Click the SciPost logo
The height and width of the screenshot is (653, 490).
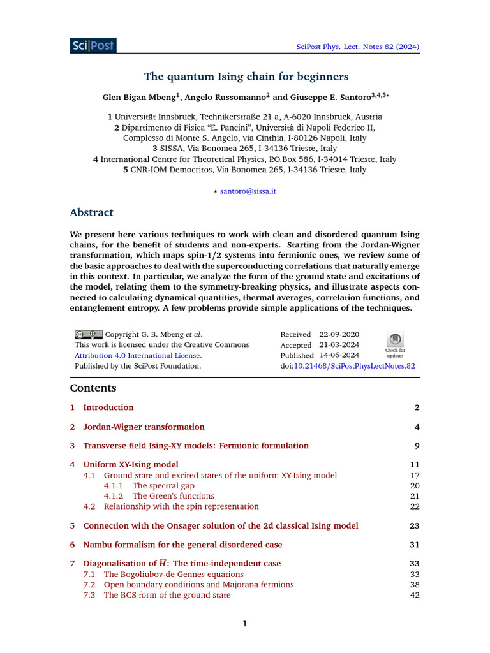coord(93,46)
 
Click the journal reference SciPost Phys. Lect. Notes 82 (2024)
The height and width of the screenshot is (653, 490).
coord(359,47)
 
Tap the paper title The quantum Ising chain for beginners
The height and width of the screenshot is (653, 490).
coord(246,77)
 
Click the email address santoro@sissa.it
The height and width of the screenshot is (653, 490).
coord(248,191)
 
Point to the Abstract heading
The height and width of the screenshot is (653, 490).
coord(91,212)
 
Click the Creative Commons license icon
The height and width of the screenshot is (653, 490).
coord(88,334)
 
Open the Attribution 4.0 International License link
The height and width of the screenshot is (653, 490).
coord(138,355)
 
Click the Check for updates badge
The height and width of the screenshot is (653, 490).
coord(395,344)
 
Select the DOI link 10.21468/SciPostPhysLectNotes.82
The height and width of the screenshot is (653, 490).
coord(354,366)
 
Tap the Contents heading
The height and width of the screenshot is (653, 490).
coord(93,388)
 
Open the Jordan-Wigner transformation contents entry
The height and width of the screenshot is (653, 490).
coord(144,427)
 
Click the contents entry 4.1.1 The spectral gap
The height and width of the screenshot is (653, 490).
coord(159,485)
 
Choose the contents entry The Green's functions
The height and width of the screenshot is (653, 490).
coord(173,495)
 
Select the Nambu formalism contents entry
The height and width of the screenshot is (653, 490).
coord(182,545)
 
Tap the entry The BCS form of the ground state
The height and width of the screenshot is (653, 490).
coord(167,595)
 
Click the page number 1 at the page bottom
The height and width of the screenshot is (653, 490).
coord(245,624)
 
